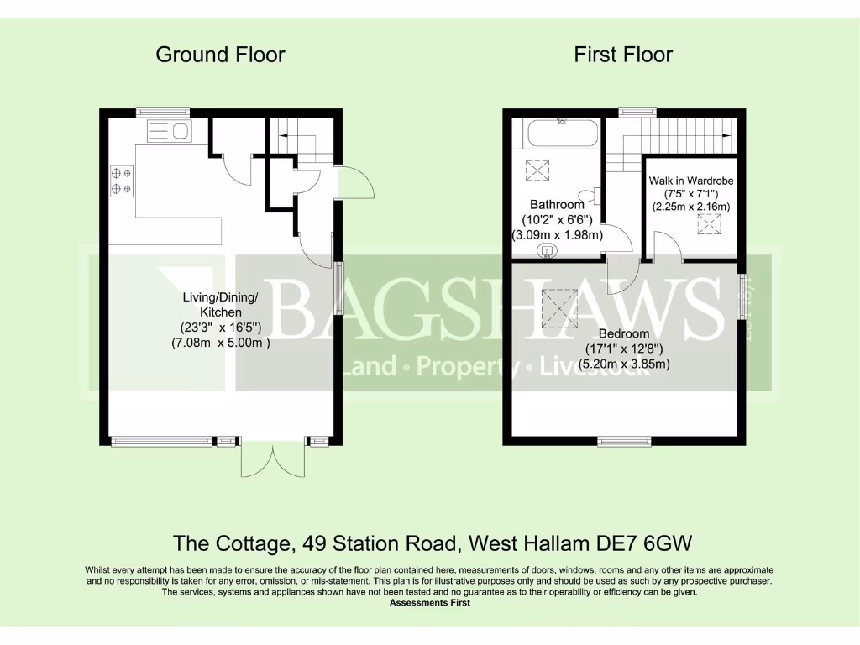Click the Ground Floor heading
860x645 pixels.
click(x=220, y=55)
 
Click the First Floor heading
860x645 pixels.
click(x=623, y=55)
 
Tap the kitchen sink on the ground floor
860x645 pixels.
click(x=170, y=131)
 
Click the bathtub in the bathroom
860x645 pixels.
click(x=562, y=134)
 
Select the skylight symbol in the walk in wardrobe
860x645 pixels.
click(x=710, y=225)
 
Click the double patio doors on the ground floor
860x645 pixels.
click(x=270, y=458)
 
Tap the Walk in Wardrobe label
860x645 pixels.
click(x=691, y=181)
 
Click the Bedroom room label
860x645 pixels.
click(x=623, y=334)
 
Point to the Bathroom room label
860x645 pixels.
click(x=557, y=205)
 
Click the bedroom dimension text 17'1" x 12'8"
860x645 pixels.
click(x=623, y=349)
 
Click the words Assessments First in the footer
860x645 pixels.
click(x=430, y=603)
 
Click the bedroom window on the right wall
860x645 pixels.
click(x=742, y=296)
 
